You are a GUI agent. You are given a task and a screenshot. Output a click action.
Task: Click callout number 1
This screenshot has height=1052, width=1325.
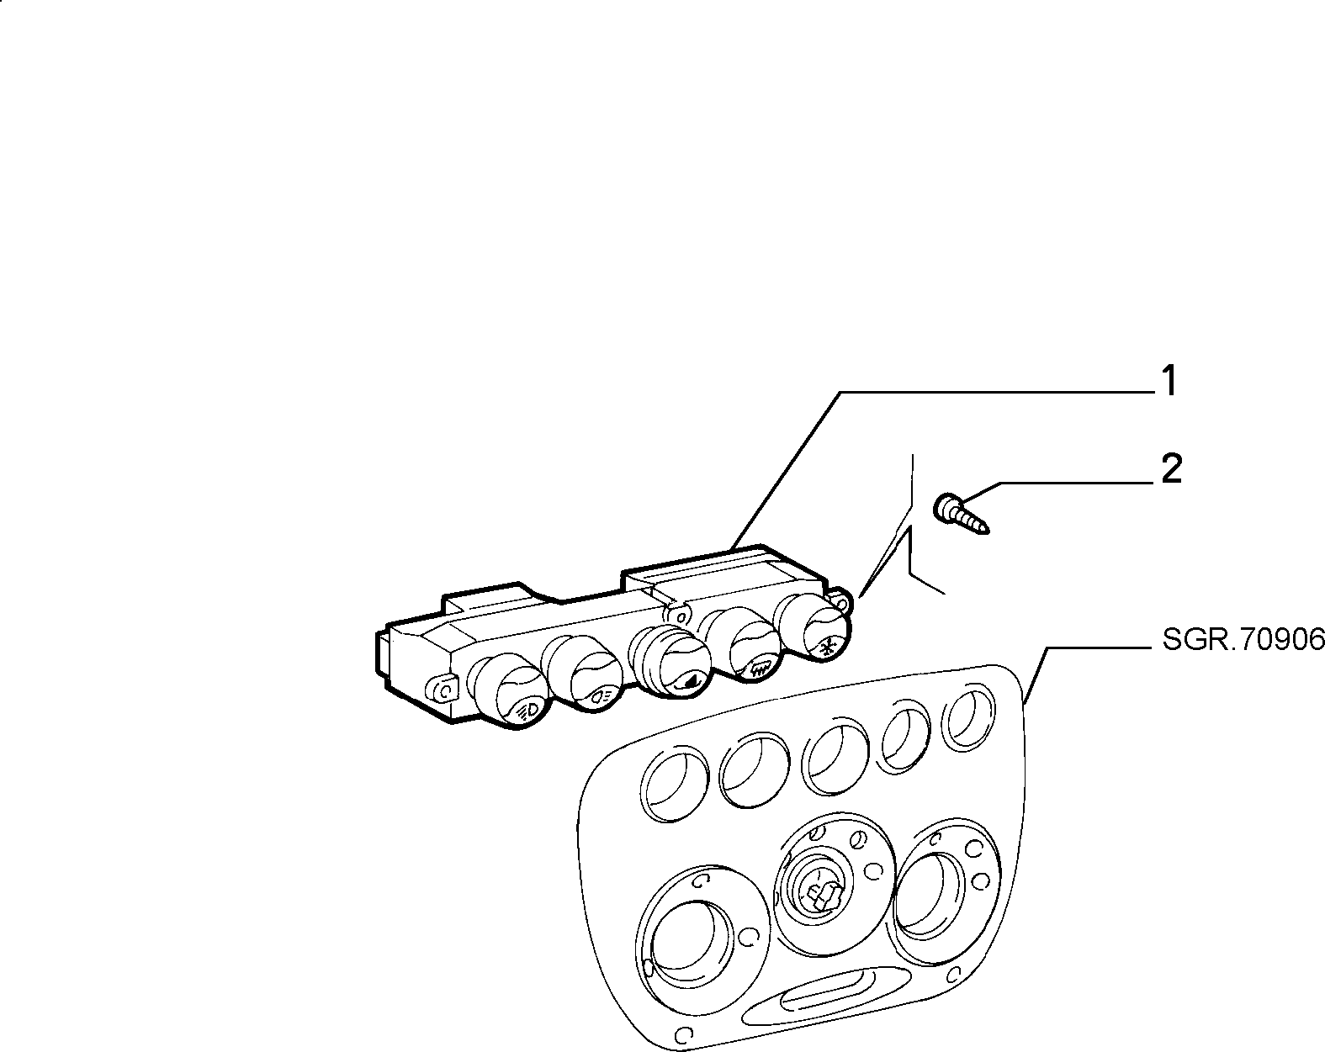tap(1169, 381)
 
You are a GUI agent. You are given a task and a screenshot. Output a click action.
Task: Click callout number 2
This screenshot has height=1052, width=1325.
tap(1171, 470)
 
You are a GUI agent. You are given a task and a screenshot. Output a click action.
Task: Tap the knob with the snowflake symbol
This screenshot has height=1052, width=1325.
tap(814, 629)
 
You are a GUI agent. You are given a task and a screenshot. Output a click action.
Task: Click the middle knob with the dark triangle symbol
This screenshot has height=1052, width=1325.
tap(670, 663)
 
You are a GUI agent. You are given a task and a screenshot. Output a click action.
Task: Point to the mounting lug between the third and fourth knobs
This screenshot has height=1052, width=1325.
tap(678, 615)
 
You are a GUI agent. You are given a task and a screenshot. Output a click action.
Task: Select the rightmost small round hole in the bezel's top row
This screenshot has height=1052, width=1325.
tap(970, 716)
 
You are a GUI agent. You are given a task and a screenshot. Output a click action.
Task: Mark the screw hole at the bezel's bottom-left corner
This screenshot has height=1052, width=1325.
tap(683, 1033)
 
